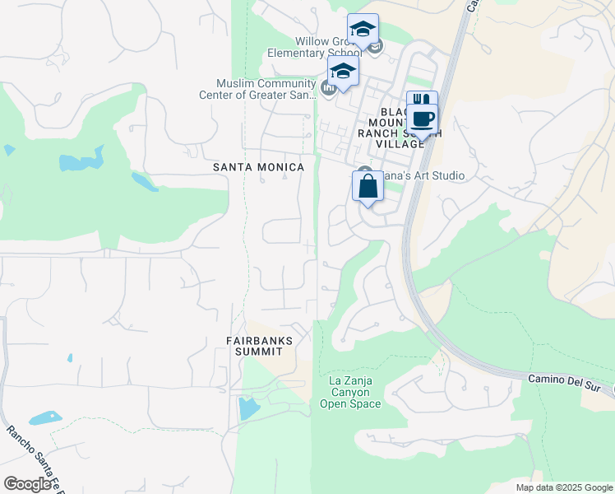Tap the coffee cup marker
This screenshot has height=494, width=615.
coord(423,119)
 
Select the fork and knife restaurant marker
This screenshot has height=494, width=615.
coord(422,100)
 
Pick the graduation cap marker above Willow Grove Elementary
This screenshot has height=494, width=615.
coord(363,29)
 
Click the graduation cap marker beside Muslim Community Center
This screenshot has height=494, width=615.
coord(343,71)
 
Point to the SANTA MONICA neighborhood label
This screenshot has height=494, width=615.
coord(258,167)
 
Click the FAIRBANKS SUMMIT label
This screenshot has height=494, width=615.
coord(260,346)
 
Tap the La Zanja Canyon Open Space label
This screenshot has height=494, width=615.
coord(355,392)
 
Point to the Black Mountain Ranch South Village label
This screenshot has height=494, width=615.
coord(402,128)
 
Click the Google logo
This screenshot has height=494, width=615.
coord(28,484)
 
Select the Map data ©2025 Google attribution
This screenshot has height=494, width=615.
coord(563,487)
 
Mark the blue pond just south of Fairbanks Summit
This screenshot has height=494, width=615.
coord(246,407)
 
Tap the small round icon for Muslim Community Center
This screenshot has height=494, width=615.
coord(328,88)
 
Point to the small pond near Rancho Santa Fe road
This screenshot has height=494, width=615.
coord(45,417)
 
